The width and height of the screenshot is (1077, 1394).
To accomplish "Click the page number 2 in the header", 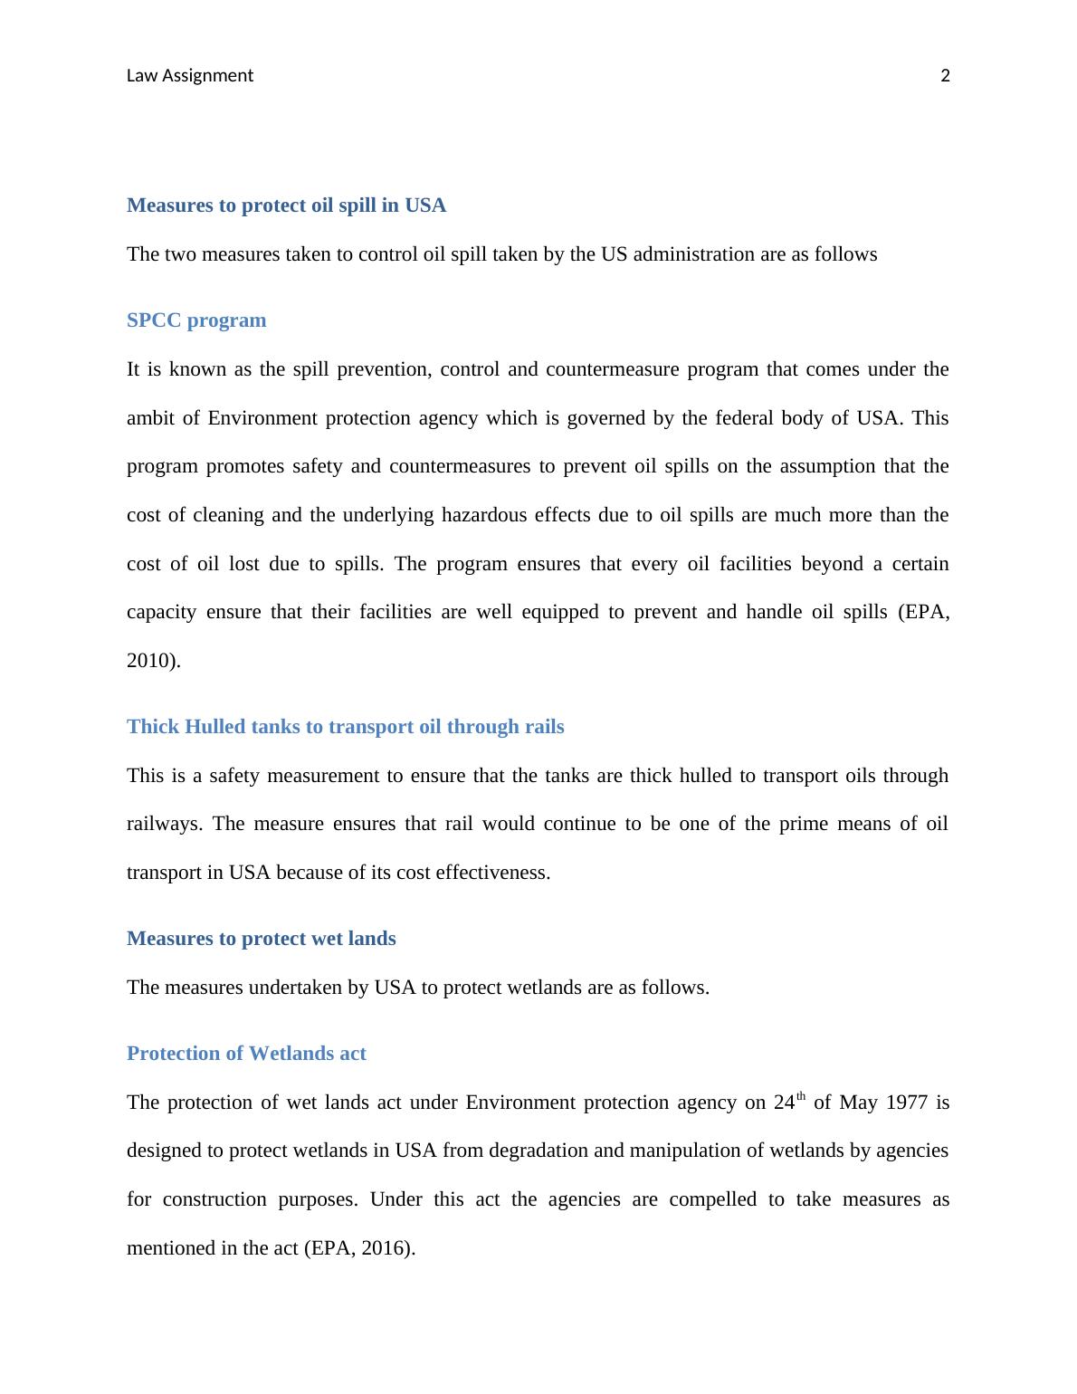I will (x=946, y=76).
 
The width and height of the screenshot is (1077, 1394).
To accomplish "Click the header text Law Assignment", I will (x=190, y=76).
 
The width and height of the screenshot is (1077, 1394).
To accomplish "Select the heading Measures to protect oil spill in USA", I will (x=286, y=205).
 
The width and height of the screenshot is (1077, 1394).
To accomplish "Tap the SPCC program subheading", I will (x=196, y=320).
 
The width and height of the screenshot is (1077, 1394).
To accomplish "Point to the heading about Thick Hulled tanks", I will (x=345, y=727).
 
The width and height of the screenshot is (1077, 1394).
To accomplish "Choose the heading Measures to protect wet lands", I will (x=261, y=939).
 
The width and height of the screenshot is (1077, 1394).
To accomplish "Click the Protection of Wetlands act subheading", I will (x=246, y=1054).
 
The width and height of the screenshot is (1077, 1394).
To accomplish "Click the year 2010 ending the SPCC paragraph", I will (x=151, y=661).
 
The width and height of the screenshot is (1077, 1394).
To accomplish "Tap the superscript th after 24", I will (x=801, y=1097).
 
